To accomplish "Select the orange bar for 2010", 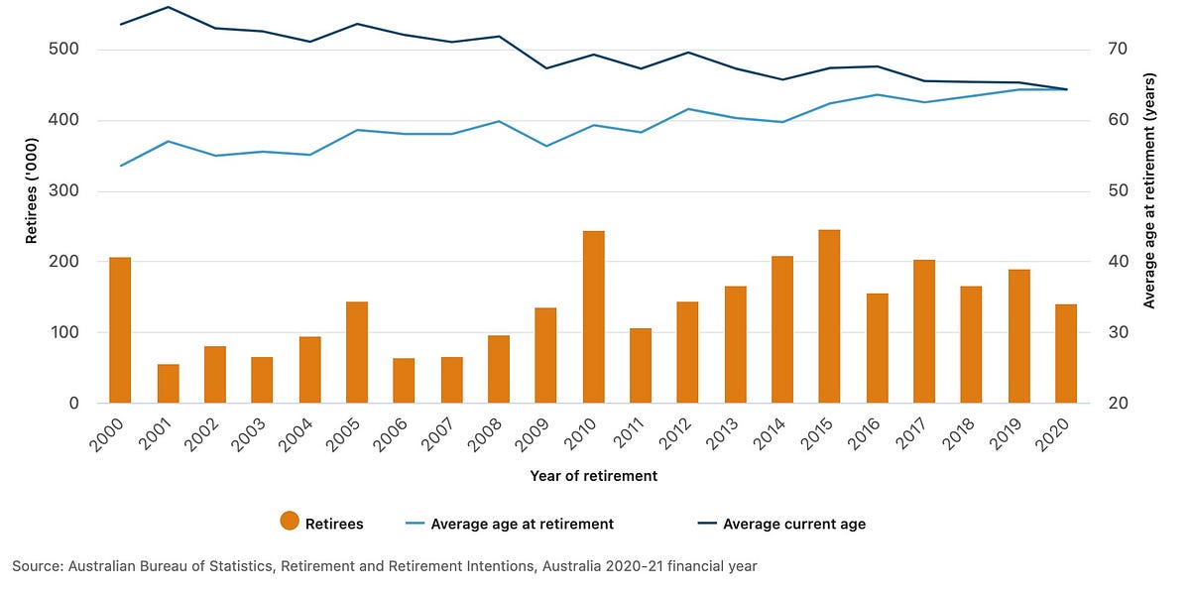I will [x=593, y=317].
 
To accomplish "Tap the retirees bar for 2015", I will [x=829, y=316].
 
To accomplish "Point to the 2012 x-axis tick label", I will [x=679, y=434].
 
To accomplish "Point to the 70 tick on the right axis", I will [x=1114, y=50].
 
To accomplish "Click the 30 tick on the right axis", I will [x=1114, y=333].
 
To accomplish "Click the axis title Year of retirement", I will [x=593, y=476].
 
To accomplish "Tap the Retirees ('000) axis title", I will [x=32, y=226].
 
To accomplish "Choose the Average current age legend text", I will [x=794, y=524].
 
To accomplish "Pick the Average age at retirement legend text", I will [x=523, y=524].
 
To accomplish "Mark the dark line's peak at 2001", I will [x=168, y=7].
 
